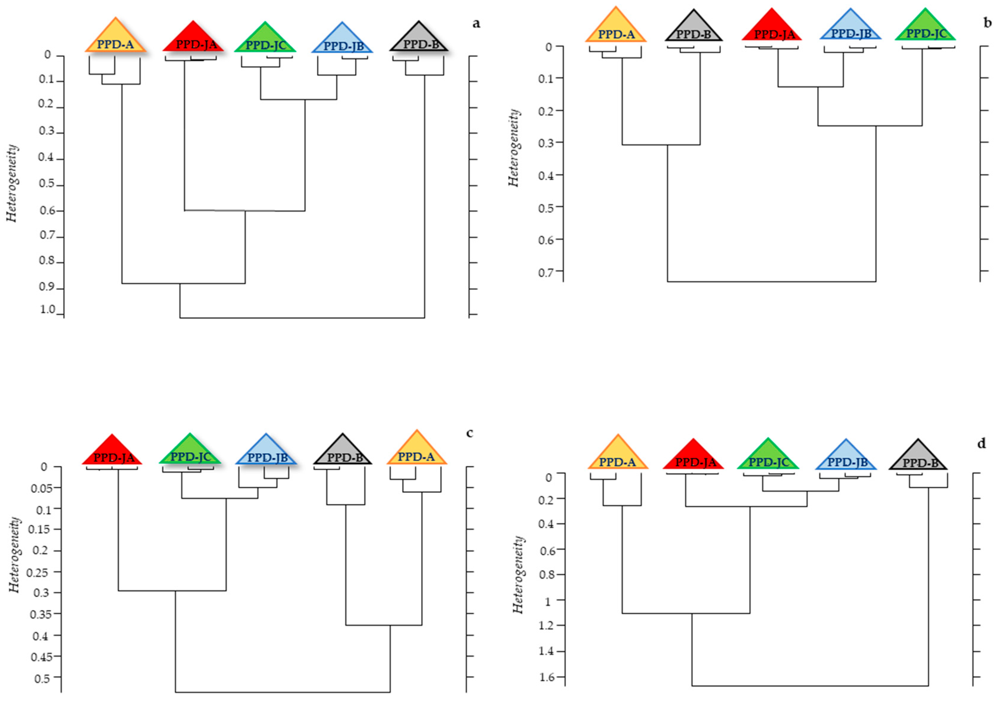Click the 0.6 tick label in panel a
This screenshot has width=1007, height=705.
point(48,210)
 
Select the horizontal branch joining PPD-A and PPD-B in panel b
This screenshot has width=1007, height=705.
point(661,145)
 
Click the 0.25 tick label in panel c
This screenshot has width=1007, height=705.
point(38,572)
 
